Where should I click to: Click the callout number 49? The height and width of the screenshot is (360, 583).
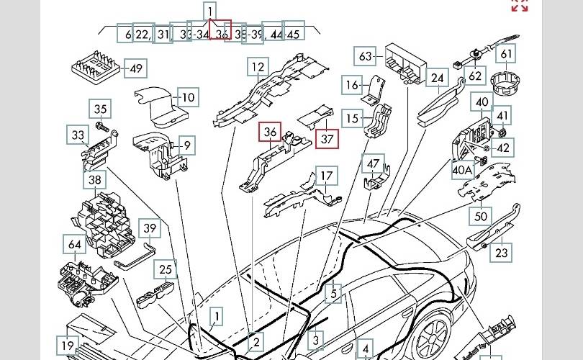point(135,69)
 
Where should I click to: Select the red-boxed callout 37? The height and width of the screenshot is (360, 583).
point(327,138)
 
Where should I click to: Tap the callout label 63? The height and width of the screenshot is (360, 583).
point(366,56)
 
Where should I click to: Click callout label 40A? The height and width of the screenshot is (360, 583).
point(461,171)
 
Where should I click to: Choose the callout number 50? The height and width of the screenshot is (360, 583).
point(481,215)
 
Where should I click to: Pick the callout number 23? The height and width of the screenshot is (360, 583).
point(502,252)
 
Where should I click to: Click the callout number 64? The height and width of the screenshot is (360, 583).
point(75,245)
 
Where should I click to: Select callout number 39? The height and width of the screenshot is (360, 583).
point(149,229)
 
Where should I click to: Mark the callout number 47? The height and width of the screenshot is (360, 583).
point(373,165)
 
